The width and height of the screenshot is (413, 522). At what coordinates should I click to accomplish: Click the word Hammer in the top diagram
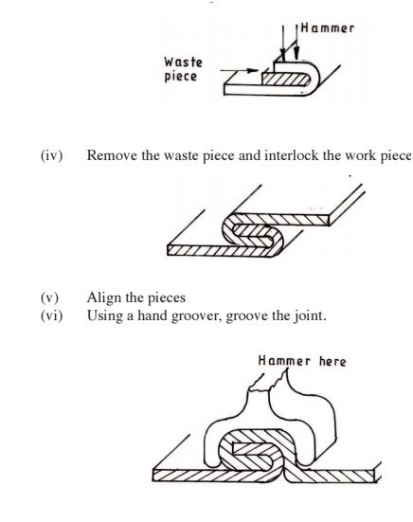click(328, 28)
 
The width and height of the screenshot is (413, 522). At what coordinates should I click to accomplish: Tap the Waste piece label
click(183, 69)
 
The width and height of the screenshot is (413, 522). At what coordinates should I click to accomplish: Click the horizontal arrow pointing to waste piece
click(240, 70)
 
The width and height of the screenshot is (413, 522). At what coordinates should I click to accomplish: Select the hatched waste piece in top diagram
click(286, 80)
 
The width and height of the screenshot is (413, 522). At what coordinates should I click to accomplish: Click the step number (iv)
click(51, 155)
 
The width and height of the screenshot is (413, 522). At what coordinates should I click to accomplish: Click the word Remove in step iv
click(112, 155)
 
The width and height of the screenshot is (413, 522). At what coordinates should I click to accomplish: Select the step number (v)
click(49, 297)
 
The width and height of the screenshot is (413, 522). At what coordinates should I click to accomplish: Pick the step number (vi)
click(51, 315)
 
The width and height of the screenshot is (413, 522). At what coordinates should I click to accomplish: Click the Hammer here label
click(302, 361)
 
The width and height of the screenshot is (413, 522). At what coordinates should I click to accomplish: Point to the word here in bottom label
click(332, 361)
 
